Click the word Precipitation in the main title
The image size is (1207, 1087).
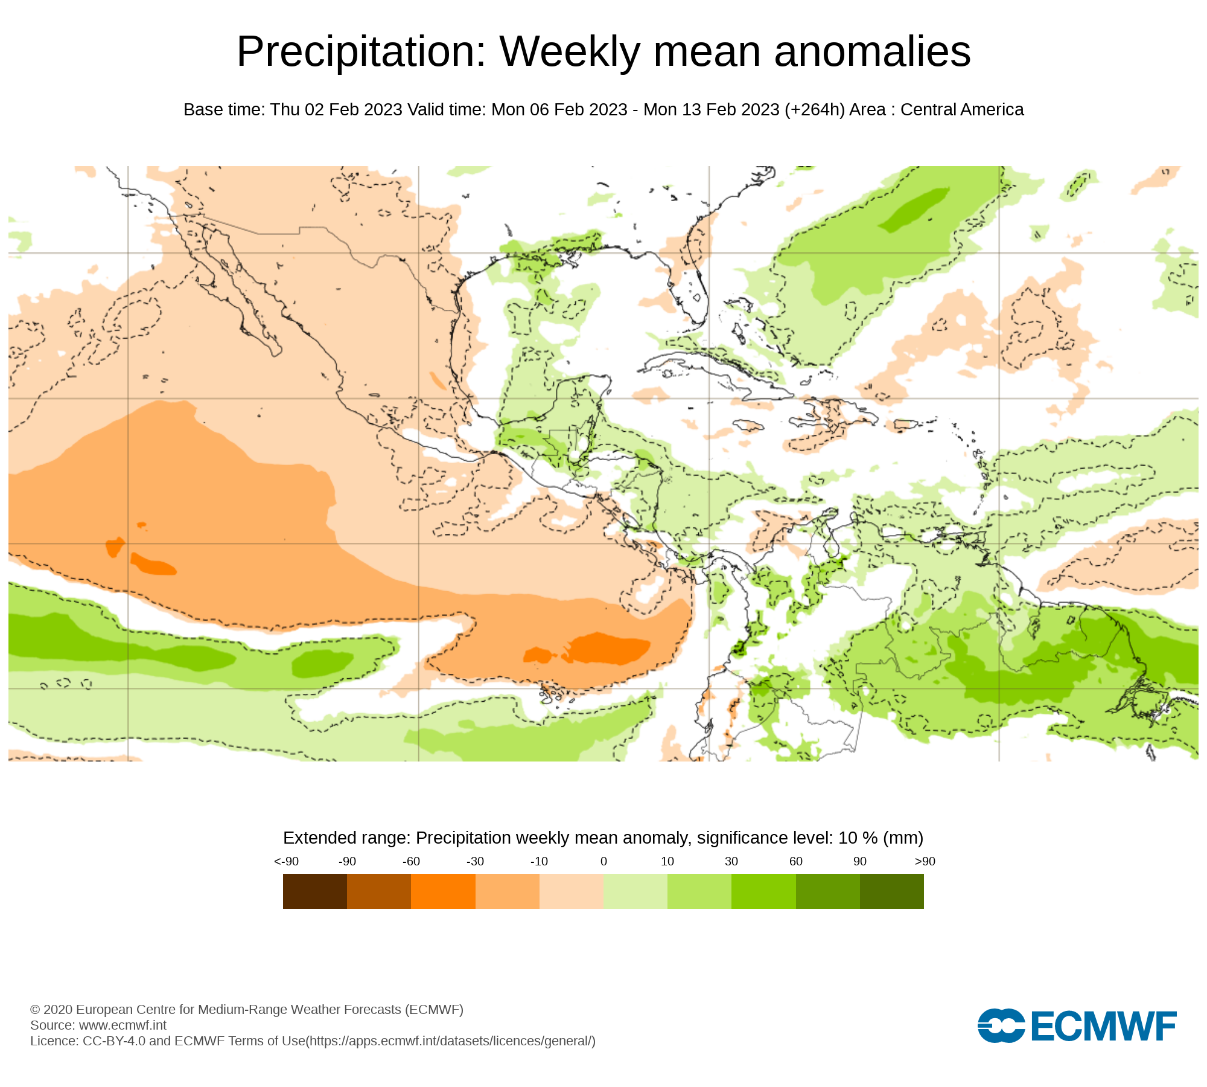pyautogui.click(x=361, y=52)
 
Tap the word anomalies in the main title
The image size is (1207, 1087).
pyautogui.click(x=872, y=52)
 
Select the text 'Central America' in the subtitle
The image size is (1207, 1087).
pyautogui.click(x=962, y=110)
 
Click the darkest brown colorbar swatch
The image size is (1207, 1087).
pyautogui.click(x=314, y=891)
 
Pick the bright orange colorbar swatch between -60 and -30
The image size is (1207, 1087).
pyautogui.click(x=443, y=891)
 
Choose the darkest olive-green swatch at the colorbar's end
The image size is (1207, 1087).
pyautogui.click(x=891, y=891)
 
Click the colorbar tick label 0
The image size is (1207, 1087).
pyautogui.click(x=603, y=862)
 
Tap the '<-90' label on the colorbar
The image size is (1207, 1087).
pyautogui.click(x=286, y=862)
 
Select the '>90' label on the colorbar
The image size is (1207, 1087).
pyautogui.click(x=925, y=862)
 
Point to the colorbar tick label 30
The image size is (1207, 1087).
pyautogui.click(x=731, y=862)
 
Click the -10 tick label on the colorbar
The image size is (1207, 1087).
pyautogui.click(x=539, y=862)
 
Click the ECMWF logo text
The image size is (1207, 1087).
pyautogui.click(x=1103, y=1026)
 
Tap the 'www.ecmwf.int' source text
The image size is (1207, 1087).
pyautogui.click(x=123, y=1025)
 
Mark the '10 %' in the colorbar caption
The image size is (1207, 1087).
pyautogui.click(x=858, y=838)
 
